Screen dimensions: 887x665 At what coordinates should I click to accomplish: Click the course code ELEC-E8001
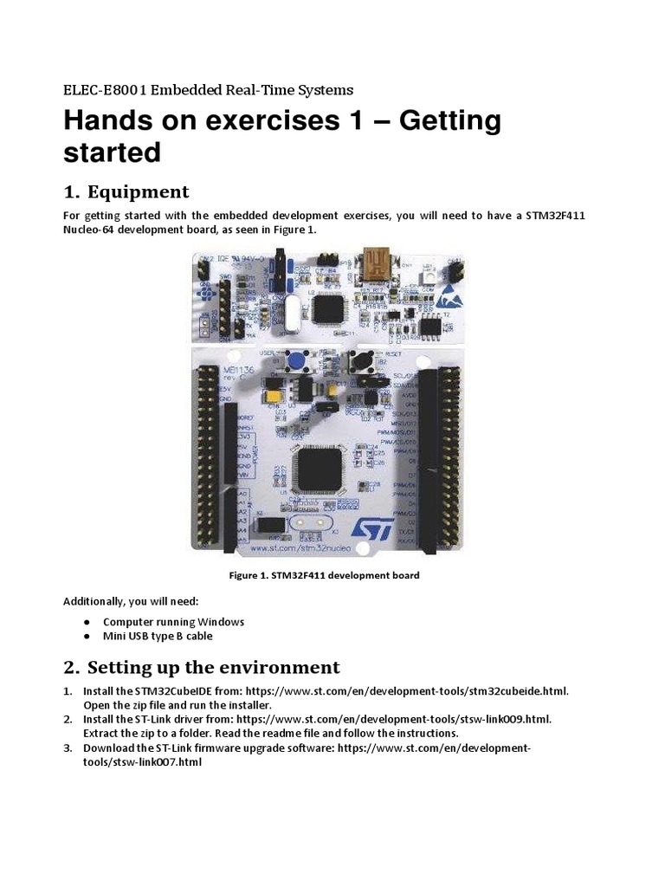[107, 90]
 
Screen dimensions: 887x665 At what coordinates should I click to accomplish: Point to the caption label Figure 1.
[253, 575]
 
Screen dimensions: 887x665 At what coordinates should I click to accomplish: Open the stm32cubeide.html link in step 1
[407, 691]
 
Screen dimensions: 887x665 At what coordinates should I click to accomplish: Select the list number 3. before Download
[68, 748]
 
